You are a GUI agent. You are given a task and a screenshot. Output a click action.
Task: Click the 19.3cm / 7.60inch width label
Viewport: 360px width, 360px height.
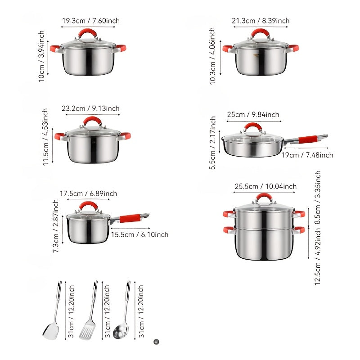pyautogui.click(x=90, y=21)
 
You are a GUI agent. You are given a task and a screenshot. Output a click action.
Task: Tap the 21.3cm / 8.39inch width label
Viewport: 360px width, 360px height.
pyautogui.click(x=261, y=21)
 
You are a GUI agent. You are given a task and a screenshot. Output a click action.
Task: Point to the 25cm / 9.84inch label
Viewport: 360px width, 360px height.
pyautogui.click(x=253, y=115)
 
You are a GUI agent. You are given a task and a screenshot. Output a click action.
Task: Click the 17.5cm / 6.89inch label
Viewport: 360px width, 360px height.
pyautogui.click(x=88, y=193)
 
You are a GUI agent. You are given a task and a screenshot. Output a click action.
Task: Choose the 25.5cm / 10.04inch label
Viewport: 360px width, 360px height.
pyautogui.click(x=265, y=186)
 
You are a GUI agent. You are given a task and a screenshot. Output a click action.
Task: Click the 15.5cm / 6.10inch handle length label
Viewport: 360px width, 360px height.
pyautogui.click(x=139, y=234)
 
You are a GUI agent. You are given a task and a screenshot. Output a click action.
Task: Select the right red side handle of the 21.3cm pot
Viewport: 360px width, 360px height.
pyautogui.click(x=293, y=47)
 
